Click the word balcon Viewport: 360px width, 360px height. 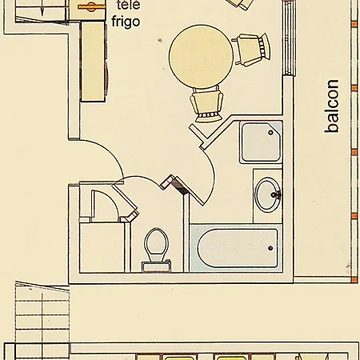click(332, 106)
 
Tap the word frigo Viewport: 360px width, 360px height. click(126, 22)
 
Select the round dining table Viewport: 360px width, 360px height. click(201, 57)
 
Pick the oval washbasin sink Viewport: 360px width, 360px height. click(268, 195)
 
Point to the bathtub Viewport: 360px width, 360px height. click(236, 248)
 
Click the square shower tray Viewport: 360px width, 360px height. click(261, 142)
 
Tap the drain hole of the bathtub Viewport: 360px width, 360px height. click(270, 248)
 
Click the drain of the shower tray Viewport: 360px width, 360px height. click(271, 132)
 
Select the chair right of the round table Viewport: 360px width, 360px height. click(251, 50)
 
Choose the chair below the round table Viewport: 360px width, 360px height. click(206, 104)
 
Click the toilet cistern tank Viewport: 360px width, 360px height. click(157, 266)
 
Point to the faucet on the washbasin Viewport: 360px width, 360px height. click(276, 194)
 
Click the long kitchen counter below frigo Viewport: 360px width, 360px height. click(94, 62)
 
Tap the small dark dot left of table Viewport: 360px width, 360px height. click(160, 41)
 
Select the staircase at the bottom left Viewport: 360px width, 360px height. click(42, 320)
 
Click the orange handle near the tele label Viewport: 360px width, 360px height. click(91, 7)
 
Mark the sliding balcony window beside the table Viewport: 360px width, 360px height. click(290, 38)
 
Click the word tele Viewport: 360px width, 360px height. click(128, 5)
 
